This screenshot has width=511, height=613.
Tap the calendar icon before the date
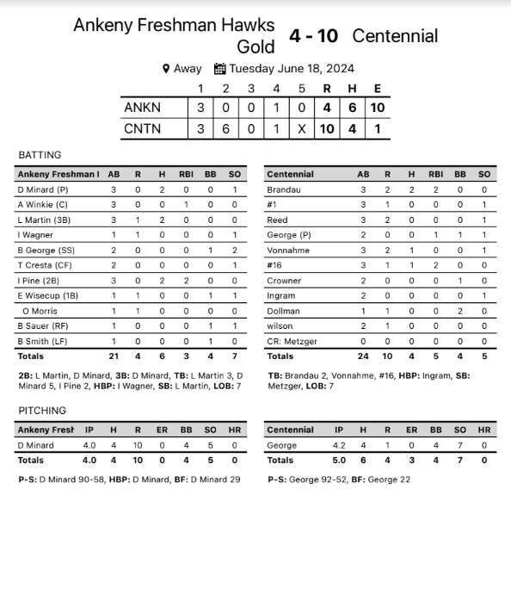219,69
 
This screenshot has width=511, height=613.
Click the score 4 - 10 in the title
314,36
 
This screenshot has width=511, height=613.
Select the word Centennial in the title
395,36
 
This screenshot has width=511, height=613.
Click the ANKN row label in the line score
142,108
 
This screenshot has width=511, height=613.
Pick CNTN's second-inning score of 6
226,129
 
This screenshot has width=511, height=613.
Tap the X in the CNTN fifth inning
302,129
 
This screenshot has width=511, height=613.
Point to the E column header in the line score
378,88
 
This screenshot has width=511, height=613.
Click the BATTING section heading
40,155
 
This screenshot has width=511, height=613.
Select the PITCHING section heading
42,411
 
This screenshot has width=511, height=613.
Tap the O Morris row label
40,311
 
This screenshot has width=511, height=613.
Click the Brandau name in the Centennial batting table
284,189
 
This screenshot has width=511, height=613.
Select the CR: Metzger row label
292,341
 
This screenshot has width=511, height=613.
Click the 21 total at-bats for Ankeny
114,356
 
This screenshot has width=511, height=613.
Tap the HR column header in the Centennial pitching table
484,430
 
